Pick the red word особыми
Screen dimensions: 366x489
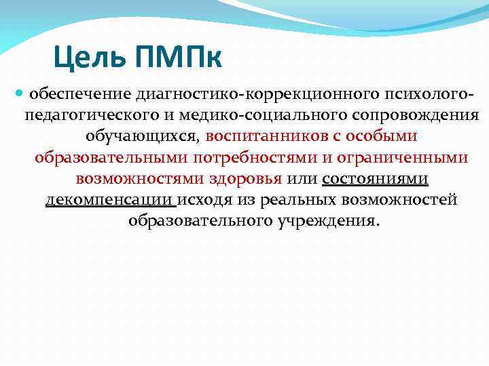pyautogui.click(x=382, y=136)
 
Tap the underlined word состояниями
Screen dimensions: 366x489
pyautogui.click(x=375, y=179)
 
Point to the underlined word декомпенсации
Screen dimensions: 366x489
pyautogui.click(x=108, y=201)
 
